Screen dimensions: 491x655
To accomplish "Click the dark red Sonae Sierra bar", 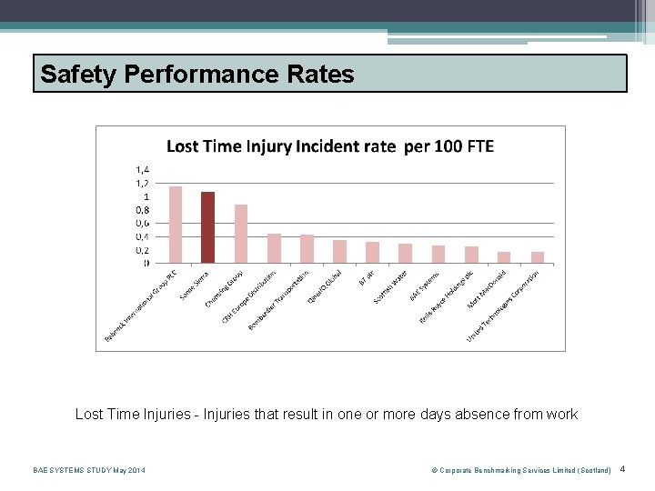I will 208,227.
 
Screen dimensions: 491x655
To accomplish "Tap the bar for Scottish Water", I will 406,254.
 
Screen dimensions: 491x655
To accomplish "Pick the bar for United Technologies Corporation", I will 538,257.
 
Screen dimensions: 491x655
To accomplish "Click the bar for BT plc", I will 372,253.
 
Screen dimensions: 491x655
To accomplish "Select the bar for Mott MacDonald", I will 504,257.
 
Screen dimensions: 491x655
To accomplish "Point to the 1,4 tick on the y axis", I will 144,169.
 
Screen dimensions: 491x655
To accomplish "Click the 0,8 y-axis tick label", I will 144,210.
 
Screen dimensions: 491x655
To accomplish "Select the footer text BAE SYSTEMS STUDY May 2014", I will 88,470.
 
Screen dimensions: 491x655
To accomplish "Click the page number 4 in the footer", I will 622,469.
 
